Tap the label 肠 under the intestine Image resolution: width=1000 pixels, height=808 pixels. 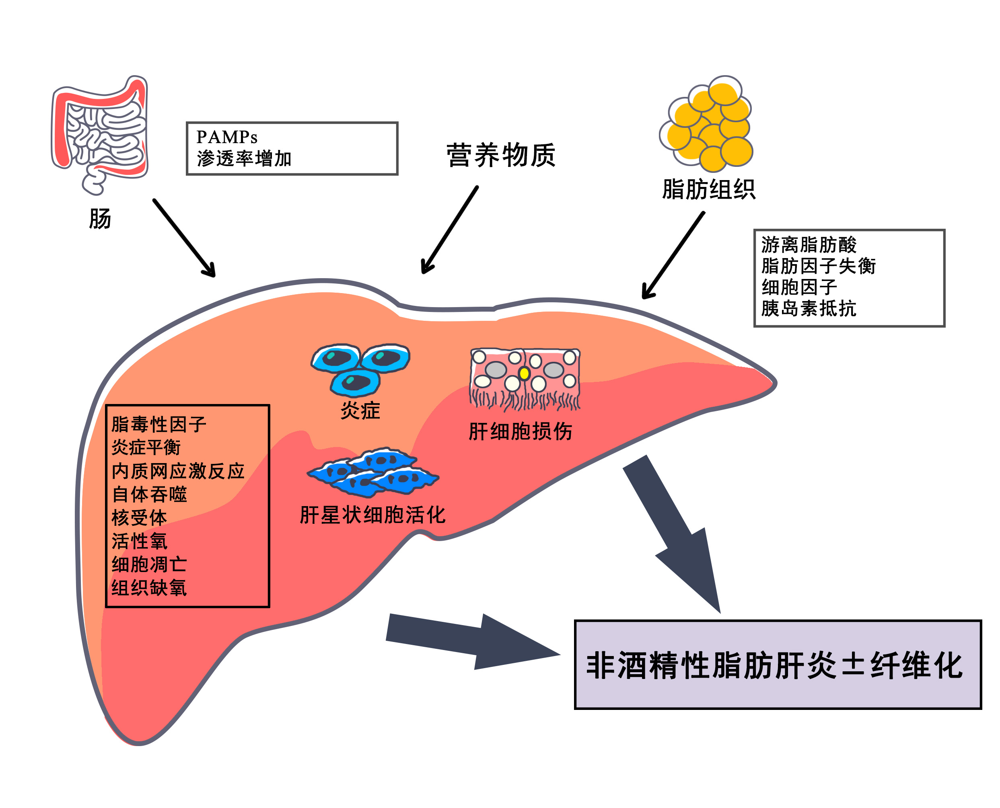click(100, 218)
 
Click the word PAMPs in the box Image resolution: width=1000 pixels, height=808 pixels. click(227, 137)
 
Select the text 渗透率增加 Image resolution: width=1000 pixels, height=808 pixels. click(244, 159)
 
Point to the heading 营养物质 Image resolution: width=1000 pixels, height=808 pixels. click(501, 155)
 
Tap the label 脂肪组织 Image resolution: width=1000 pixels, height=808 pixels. click(708, 189)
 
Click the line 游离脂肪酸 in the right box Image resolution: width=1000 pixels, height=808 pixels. click(809, 245)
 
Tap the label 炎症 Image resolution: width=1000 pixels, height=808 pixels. click(360, 410)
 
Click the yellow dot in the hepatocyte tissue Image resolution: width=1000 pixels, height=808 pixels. click(524, 374)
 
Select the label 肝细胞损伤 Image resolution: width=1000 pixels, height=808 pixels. click(520, 431)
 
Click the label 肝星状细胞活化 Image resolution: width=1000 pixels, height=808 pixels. click(372, 515)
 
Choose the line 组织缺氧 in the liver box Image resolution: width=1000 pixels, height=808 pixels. click(149, 588)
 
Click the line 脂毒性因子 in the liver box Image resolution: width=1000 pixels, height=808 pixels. click(159, 425)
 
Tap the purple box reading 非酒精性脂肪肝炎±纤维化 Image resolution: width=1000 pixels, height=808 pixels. click(778, 665)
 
